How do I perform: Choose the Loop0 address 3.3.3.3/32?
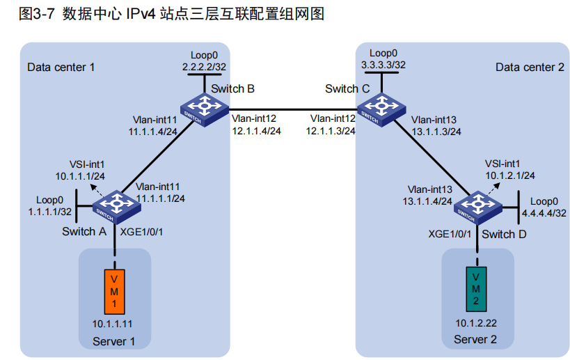pyautogui.click(x=383, y=64)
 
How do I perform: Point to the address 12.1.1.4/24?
pyautogui.click(x=256, y=130)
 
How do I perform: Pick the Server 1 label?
pyautogui.click(x=115, y=341)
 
